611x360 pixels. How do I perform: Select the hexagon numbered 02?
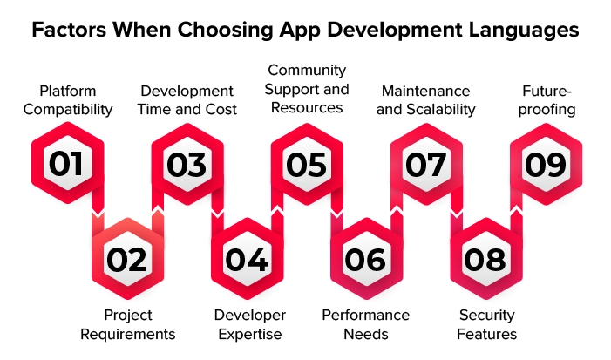click(127, 259)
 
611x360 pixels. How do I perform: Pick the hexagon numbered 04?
click(247, 259)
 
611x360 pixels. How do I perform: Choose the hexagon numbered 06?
click(366, 259)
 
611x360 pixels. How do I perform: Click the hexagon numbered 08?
click(485, 259)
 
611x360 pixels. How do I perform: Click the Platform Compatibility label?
click(68, 100)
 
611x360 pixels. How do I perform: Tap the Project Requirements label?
click(128, 324)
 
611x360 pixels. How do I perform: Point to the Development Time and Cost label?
click(187, 100)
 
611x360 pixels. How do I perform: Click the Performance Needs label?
click(366, 324)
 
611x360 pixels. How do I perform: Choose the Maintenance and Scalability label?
click(426, 100)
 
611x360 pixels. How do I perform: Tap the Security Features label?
click(486, 324)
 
